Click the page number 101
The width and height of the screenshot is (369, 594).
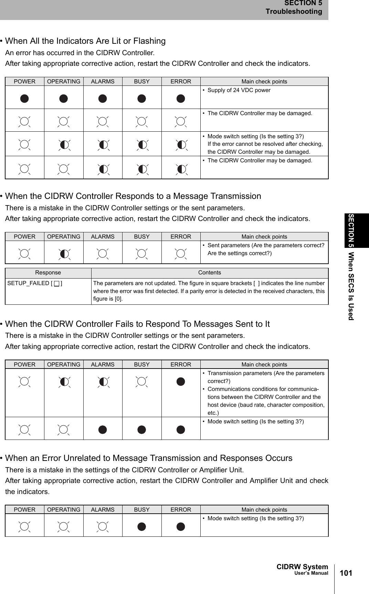(x=346, y=573)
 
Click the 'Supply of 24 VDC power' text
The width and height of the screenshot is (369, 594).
(x=239, y=90)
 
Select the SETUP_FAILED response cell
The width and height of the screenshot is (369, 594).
(x=35, y=283)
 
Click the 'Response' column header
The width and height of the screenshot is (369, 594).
(x=48, y=273)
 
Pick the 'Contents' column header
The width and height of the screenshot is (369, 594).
(x=209, y=273)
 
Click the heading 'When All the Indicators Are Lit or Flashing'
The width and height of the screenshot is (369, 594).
(x=85, y=41)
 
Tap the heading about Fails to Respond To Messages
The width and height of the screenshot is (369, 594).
(x=137, y=324)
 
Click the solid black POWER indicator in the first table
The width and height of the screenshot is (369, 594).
(x=24, y=99)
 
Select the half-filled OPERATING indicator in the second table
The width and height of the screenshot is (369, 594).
(x=64, y=254)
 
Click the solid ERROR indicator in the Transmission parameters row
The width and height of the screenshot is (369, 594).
(x=181, y=382)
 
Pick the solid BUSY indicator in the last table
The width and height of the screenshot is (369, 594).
(x=141, y=527)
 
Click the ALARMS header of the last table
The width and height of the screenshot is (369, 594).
(x=103, y=510)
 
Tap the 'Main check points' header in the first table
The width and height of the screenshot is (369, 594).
(x=264, y=82)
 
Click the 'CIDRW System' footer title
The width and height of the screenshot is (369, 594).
(x=302, y=567)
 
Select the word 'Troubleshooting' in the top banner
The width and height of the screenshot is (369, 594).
(x=294, y=11)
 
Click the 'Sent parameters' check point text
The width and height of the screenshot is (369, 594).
(x=265, y=245)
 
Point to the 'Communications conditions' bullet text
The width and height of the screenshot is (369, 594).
(x=263, y=389)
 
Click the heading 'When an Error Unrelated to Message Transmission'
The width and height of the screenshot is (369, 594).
(x=148, y=458)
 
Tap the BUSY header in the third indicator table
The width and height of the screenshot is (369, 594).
(x=141, y=365)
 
